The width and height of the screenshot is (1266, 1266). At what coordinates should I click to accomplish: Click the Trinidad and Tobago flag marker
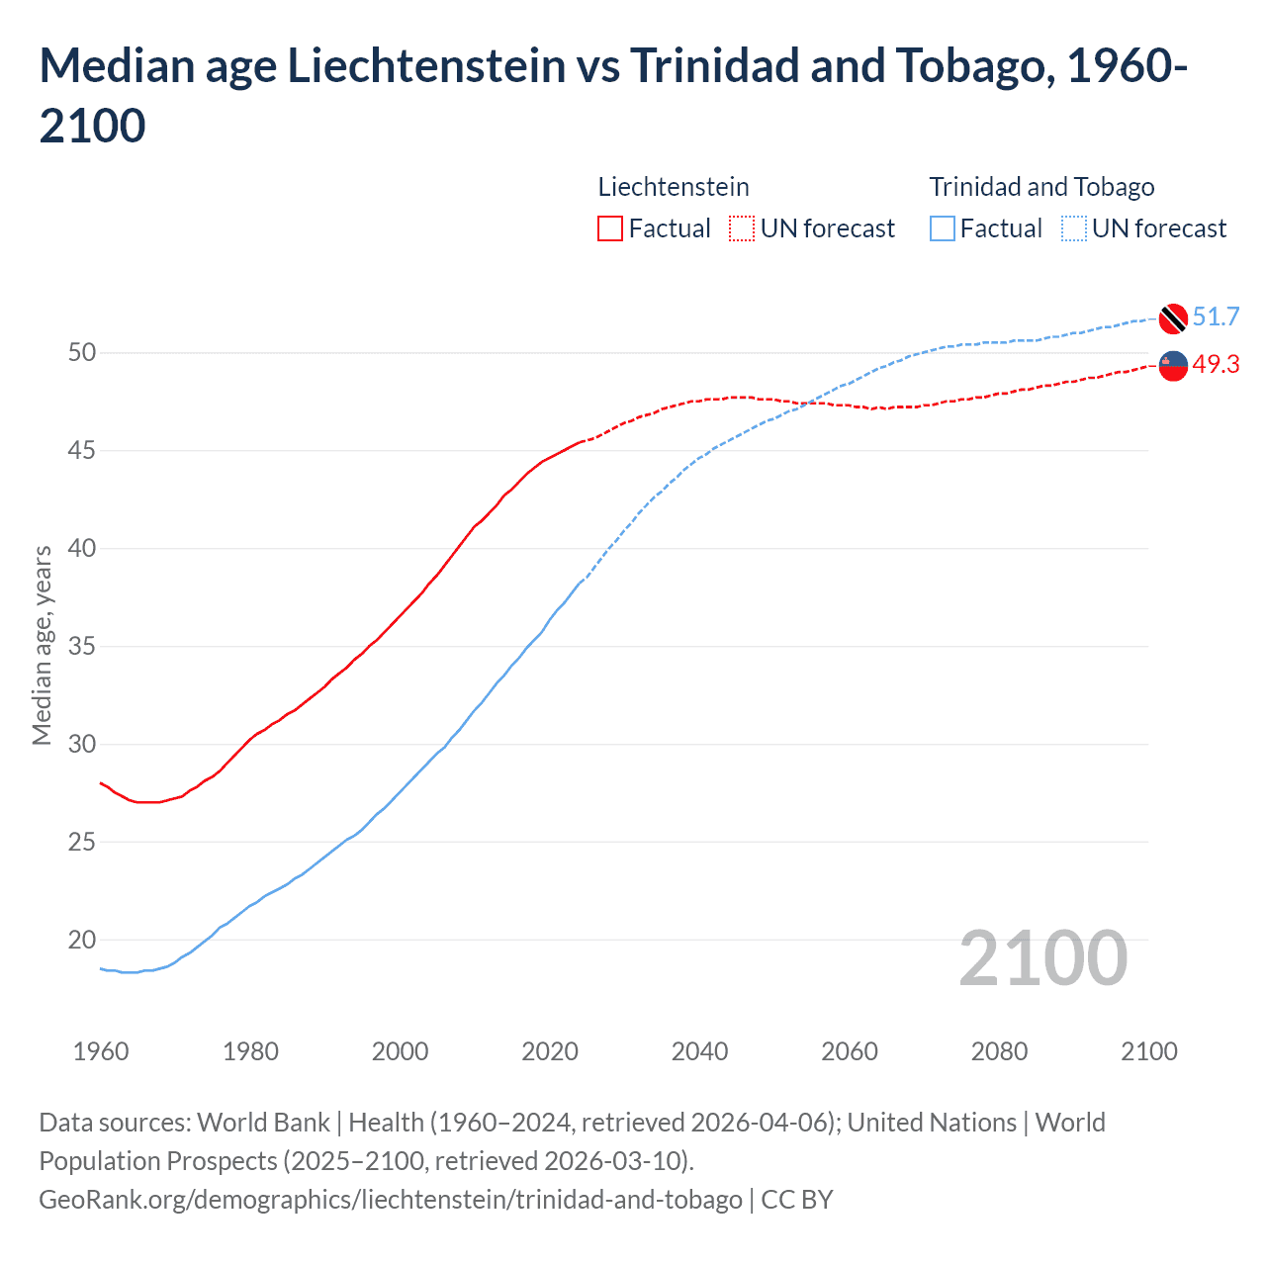tap(1173, 318)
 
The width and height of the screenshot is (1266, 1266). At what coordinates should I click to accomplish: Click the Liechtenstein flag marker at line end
tap(1173, 366)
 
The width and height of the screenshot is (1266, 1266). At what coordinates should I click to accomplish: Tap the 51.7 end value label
tap(1216, 317)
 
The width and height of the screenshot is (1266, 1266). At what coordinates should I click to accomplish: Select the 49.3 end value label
tap(1216, 365)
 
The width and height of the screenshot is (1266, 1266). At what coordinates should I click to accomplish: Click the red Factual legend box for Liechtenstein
tap(610, 228)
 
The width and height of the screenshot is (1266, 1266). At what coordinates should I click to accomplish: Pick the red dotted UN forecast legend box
tap(742, 228)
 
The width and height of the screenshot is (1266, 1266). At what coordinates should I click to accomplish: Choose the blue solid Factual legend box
tap(943, 228)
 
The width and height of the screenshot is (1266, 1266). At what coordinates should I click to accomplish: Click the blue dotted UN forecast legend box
tap(1073, 228)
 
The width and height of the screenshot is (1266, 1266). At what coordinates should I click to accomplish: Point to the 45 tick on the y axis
tap(82, 451)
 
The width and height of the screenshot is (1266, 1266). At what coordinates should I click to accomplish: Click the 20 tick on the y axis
tap(82, 941)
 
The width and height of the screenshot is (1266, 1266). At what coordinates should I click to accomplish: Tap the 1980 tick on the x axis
tap(250, 1051)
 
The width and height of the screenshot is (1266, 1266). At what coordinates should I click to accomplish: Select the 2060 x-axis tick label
tap(850, 1051)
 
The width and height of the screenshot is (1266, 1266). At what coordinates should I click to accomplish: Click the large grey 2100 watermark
tap(1042, 958)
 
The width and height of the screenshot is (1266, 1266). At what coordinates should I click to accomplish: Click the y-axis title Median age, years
tap(42, 646)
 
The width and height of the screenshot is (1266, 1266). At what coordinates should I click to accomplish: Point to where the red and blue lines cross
tap(806, 403)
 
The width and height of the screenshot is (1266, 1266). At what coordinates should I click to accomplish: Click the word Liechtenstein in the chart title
tap(426, 66)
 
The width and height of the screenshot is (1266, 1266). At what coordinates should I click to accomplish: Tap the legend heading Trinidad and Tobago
tap(1041, 187)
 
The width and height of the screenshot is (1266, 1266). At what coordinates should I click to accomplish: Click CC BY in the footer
tap(797, 1200)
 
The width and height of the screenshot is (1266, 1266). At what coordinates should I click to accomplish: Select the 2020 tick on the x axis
tap(550, 1051)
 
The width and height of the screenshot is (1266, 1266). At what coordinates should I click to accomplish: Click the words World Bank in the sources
tap(263, 1123)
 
